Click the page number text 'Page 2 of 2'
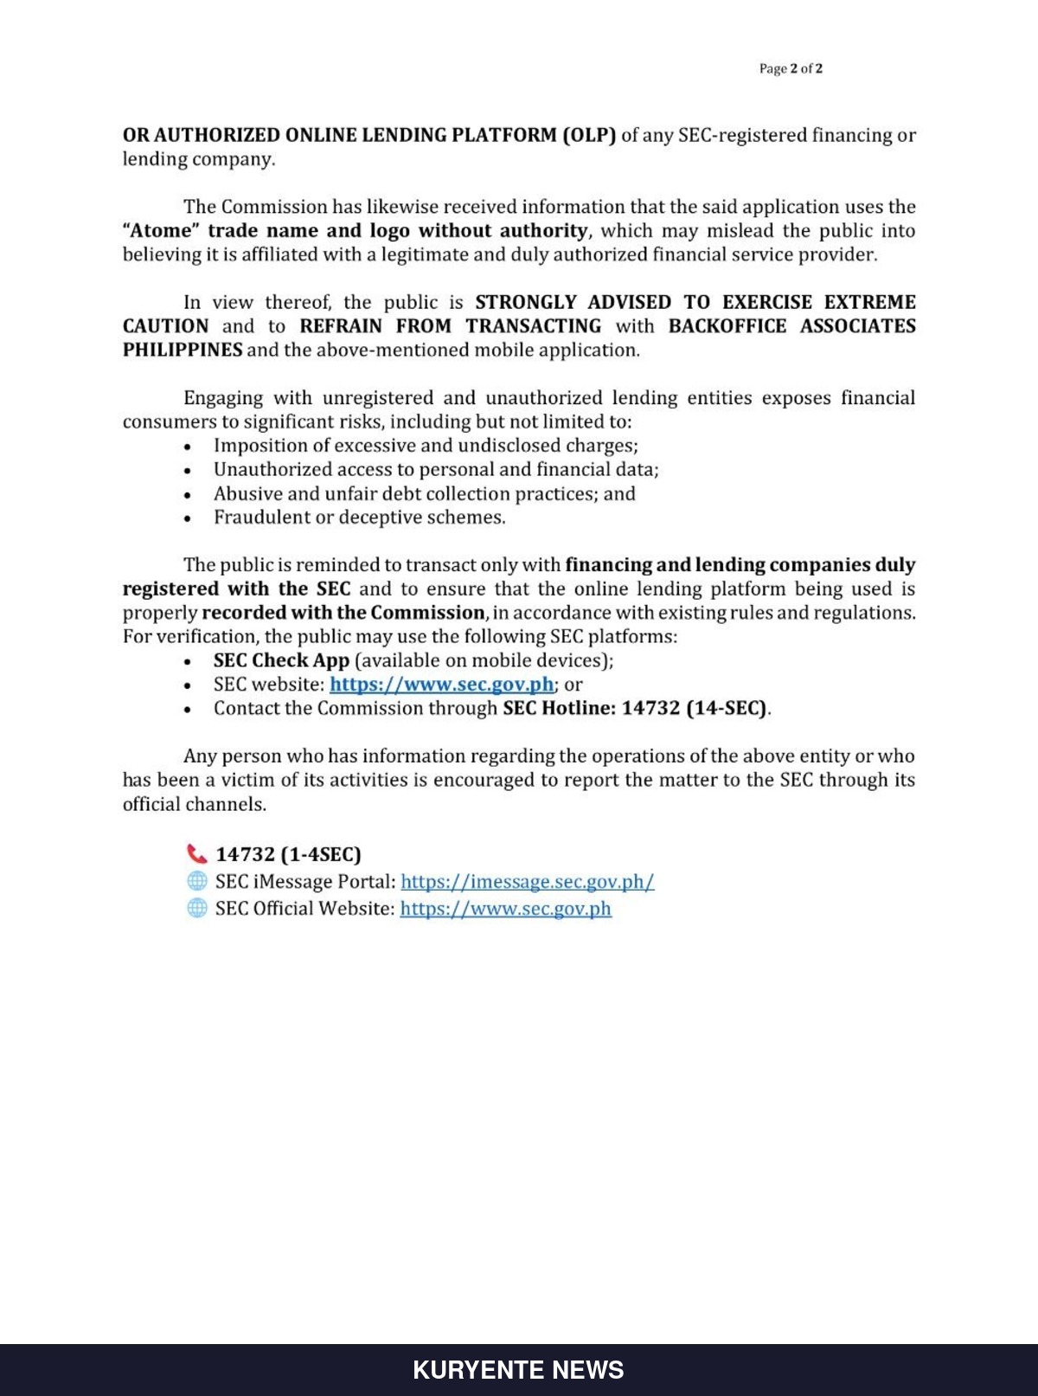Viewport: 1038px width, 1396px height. tap(791, 69)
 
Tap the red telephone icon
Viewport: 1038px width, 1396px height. tap(197, 854)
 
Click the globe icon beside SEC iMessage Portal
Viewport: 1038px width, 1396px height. tap(197, 881)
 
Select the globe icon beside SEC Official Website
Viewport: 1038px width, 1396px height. tap(197, 908)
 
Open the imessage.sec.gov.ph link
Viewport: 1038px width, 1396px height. tap(527, 882)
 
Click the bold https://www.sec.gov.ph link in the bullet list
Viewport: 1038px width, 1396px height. tap(441, 685)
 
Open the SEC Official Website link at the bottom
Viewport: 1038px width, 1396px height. tap(505, 909)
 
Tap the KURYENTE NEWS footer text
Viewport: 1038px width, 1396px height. tap(518, 1370)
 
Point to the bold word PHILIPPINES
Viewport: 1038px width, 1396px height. tap(183, 351)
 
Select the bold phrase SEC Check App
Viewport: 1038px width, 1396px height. tap(281, 660)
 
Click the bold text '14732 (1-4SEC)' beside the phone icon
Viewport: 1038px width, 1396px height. tap(288, 854)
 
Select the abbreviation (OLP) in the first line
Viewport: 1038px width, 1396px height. tap(589, 135)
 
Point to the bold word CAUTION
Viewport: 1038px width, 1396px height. tap(165, 326)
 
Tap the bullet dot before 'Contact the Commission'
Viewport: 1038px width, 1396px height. tap(188, 709)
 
